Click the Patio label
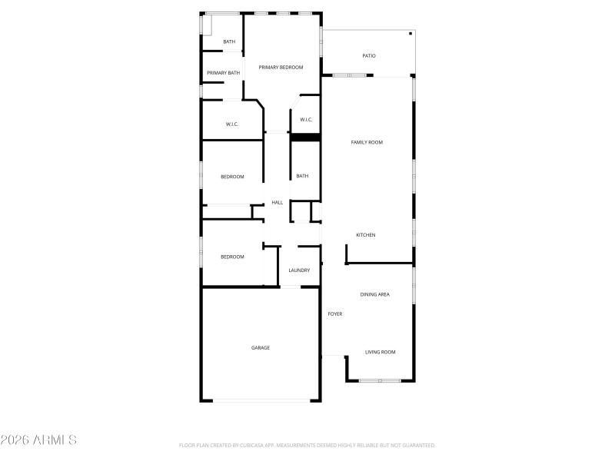(369, 56)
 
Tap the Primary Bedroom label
(281, 68)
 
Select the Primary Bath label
(223, 73)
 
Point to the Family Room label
(367, 142)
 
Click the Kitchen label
(365, 235)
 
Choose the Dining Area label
(375, 294)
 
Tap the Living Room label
(380, 352)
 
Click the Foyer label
(335, 313)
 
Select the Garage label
(261, 348)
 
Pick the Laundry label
(299, 270)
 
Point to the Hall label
(278, 203)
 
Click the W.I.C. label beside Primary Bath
(232, 124)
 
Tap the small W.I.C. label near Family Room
(305, 120)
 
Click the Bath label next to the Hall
(302, 176)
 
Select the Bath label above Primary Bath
(229, 41)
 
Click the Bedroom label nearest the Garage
(232, 257)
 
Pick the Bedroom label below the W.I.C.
(232, 177)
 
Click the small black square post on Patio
(411, 34)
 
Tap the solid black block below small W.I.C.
(305, 138)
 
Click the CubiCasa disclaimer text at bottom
(307, 445)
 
